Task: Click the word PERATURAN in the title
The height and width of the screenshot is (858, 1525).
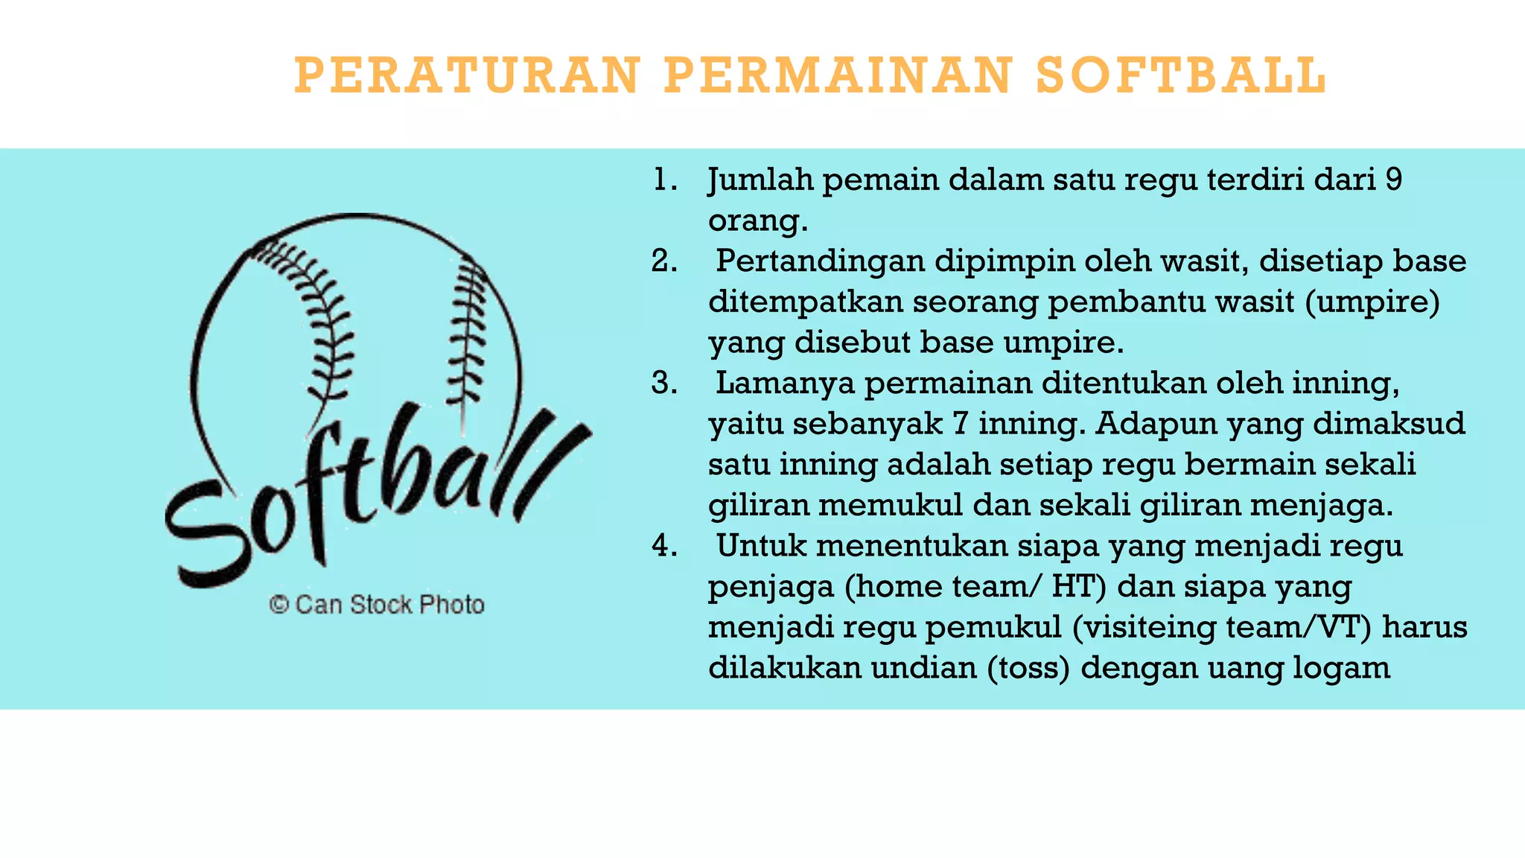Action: click(x=468, y=75)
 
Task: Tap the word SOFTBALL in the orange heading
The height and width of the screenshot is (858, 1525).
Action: click(x=1181, y=75)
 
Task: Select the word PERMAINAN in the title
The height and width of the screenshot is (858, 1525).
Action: click(x=838, y=75)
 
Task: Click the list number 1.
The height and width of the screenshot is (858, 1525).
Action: click(x=663, y=180)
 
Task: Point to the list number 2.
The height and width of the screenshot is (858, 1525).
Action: click(x=663, y=261)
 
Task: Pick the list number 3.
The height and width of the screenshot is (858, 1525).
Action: click(x=663, y=383)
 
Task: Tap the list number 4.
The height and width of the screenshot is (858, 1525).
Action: click(x=663, y=546)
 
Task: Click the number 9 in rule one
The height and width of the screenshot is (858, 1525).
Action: click(x=1394, y=180)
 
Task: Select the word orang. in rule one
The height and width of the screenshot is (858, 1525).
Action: click(x=757, y=221)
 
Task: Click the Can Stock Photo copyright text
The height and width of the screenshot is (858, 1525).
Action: click(x=377, y=604)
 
